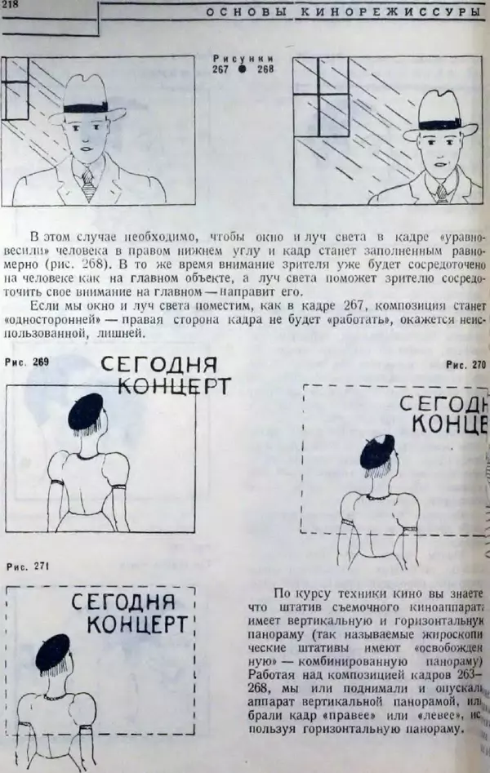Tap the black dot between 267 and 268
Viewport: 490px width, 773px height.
(x=243, y=69)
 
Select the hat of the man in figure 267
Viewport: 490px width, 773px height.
(x=96, y=98)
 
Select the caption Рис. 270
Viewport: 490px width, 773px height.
(x=465, y=365)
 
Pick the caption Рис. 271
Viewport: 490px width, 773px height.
(x=27, y=566)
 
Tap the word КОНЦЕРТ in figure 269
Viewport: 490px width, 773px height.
(x=173, y=386)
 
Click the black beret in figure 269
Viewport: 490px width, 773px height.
(x=86, y=413)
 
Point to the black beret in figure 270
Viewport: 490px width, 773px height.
(x=377, y=451)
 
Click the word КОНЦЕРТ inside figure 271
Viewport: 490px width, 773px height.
(x=133, y=625)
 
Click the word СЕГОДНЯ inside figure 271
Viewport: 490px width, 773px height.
(x=122, y=602)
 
